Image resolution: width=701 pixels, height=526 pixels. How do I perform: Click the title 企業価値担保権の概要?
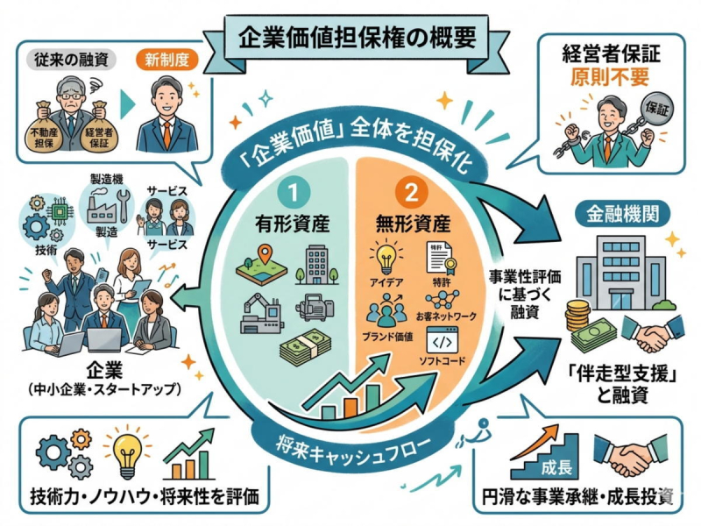[x=357, y=38]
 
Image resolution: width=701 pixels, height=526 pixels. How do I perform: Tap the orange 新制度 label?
[x=166, y=60]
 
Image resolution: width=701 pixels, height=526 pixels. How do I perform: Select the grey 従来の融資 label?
[x=72, y=60]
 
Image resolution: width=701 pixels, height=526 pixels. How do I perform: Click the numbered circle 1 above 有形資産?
[x=294, y=193]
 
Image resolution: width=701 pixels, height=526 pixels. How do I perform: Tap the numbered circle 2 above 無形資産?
[x=411, y=193]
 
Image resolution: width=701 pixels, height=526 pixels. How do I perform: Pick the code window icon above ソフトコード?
[x=443, y=340]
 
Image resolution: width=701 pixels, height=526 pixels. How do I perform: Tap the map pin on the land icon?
[x=266, y=253]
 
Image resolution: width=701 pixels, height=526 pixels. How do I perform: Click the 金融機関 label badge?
[x=622, y=214]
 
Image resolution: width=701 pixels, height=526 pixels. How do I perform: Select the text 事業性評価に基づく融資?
[x=524, y=295]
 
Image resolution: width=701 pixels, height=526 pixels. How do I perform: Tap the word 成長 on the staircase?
[x=556, y=468]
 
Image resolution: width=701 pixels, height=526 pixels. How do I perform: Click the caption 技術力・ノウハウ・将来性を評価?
[x=145, y=496]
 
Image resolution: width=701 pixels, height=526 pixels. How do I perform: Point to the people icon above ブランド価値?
[x=386, y=311]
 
